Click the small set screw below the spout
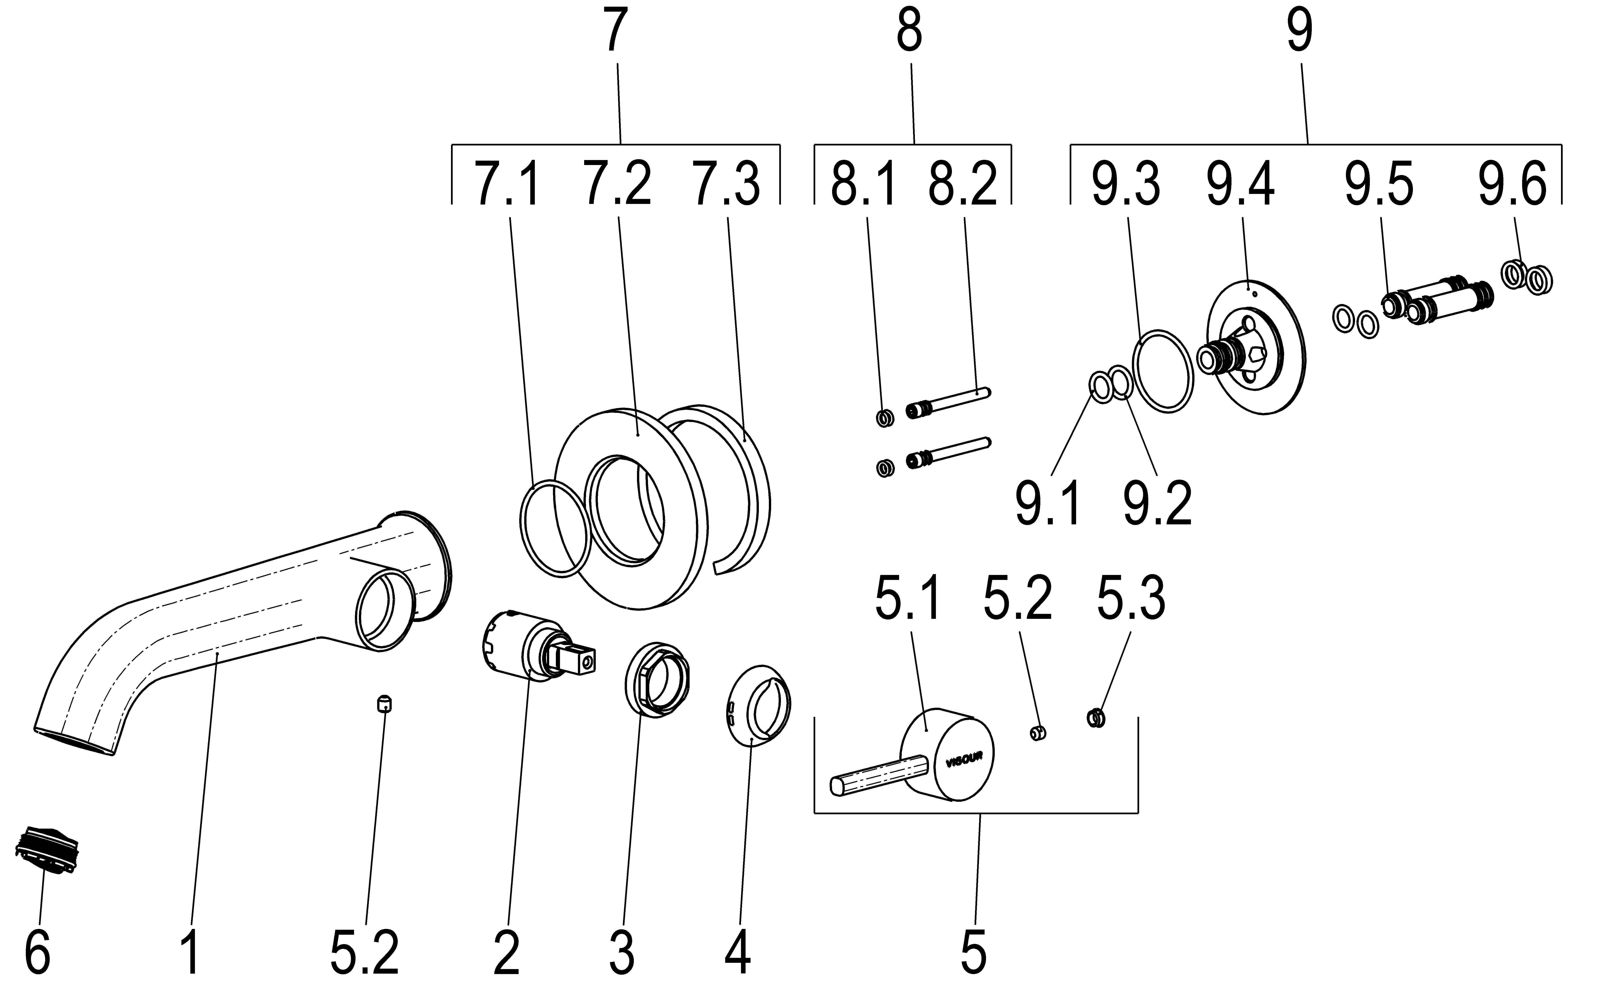coord(385,704)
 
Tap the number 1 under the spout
coord(190,954)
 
